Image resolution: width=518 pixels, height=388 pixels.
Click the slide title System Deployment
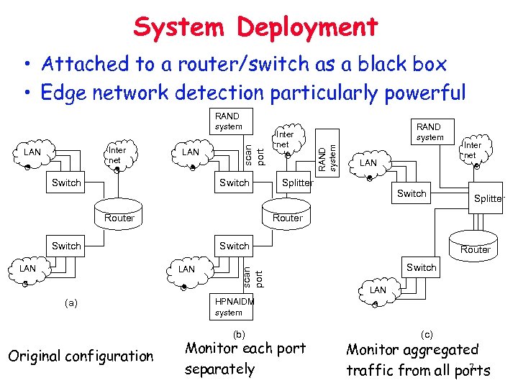[x=255, y=27]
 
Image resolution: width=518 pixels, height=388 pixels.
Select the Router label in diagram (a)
[x=119, y=218]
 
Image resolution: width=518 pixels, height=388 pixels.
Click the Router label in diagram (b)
[x=287, y=218]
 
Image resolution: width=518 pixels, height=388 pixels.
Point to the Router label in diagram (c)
[x=475, y=249]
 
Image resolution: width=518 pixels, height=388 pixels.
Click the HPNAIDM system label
[x=234, y=307]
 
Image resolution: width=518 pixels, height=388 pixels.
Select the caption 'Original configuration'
[x=78, y=356]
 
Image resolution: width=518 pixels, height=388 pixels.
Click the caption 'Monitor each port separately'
[x=245, y=359]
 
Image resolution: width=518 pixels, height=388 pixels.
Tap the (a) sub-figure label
[x=71, y=304]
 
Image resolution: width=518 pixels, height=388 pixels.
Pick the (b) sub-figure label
[x=239, y=334]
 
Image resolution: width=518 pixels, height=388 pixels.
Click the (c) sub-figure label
[x=427, y=334]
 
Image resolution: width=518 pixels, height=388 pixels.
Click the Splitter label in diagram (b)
[x=297, y=183]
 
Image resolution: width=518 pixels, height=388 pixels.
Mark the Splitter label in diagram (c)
[x=489, y=199]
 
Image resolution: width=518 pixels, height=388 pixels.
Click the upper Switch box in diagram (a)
[x=66, y=183]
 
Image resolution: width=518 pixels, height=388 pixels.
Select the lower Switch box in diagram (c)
[x=421, y=267]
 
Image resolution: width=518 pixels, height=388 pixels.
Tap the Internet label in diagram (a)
[x=116, y=154]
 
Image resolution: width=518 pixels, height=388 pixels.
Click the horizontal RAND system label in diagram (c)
[x=430, y=131]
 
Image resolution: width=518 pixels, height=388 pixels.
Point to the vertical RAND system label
[x=327, y=152]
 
